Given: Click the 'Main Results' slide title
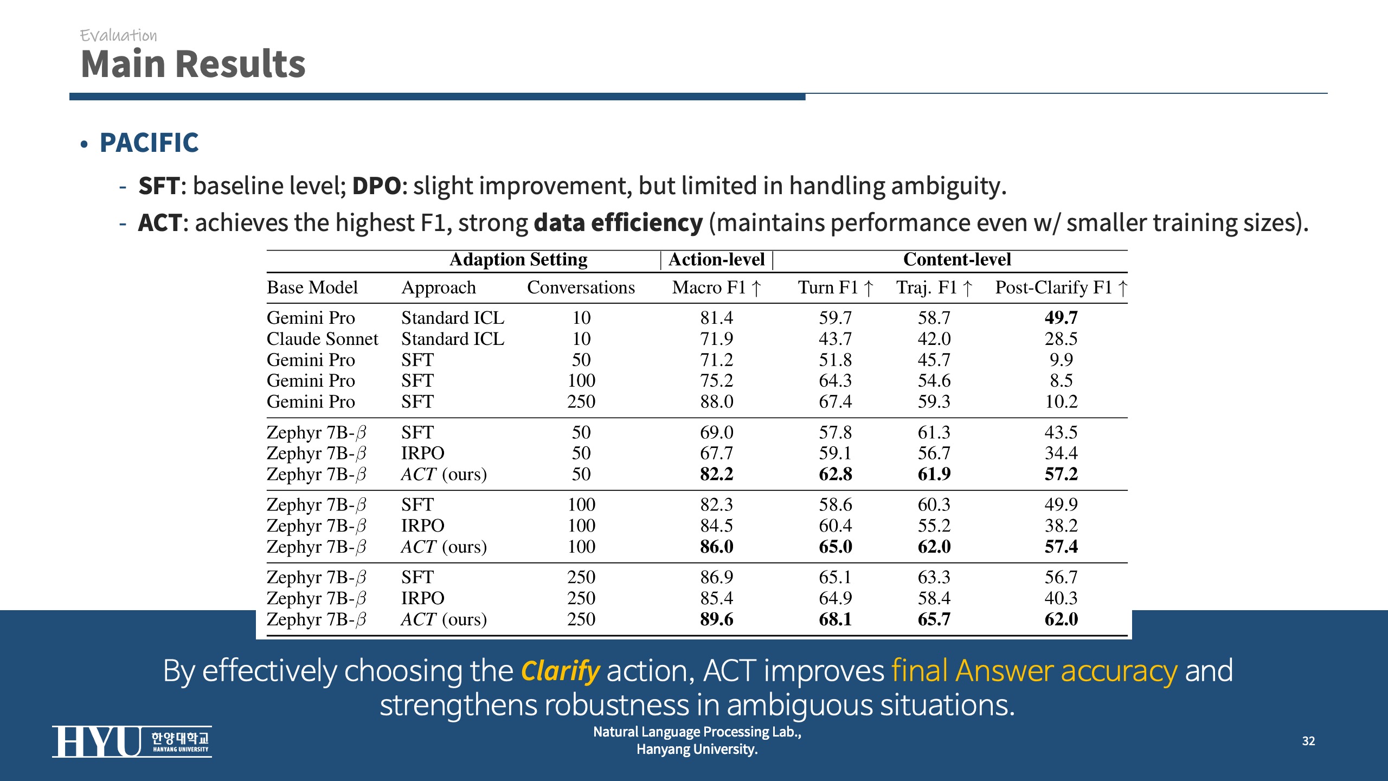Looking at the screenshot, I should coord(193,64).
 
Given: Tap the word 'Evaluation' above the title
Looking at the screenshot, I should coord(118,36).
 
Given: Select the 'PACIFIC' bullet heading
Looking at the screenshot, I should coord(149,143).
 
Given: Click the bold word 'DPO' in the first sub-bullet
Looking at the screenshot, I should coord(376,186).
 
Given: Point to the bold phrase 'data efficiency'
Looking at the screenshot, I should coord(618,223).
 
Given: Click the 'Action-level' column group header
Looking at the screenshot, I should coord(716,260).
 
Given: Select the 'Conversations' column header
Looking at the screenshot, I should coord(581,287).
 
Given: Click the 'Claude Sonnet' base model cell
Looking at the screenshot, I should coord(322,339).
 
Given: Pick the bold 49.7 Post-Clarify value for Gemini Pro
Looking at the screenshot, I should coord(1061,318).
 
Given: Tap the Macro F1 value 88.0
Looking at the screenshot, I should coord(716,402).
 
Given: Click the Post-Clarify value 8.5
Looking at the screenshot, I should coord(1061,381).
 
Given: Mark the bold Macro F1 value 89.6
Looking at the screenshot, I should coord(716,619).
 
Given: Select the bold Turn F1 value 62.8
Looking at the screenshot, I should coord(835,475).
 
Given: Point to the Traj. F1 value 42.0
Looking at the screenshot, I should coord(934,339).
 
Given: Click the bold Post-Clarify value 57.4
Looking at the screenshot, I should coord(1061,547).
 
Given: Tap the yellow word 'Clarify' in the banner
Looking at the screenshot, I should coord(560,671).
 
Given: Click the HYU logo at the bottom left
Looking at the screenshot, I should coord(132,741).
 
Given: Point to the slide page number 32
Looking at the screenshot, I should coord(1308,741).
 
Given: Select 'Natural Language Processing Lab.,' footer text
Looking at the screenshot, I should coord(697,732).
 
